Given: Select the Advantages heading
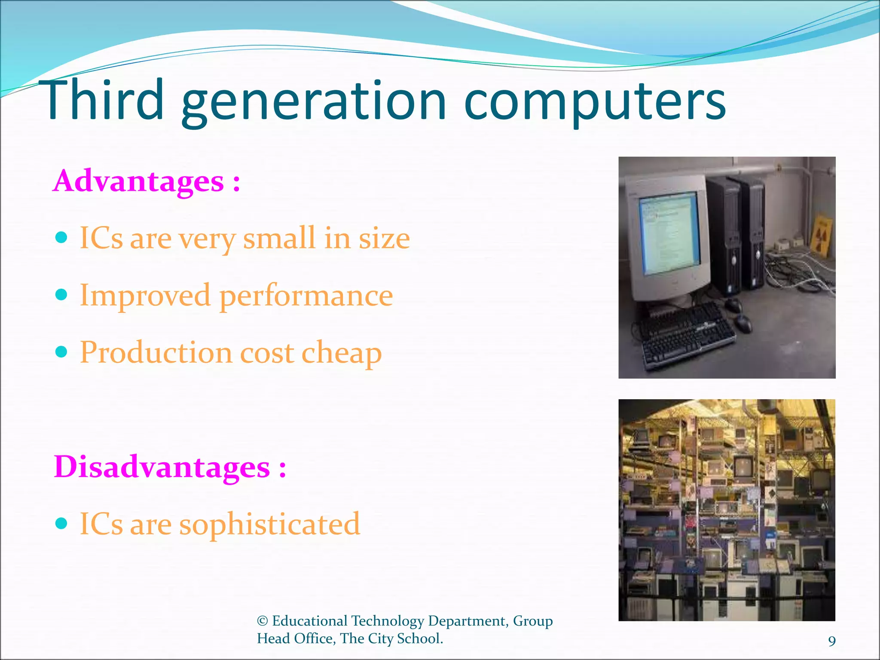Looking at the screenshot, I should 146,181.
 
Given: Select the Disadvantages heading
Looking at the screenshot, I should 169,467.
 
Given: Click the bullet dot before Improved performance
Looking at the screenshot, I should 62,295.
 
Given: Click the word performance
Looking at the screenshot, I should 306,296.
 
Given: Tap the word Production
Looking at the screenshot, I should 156,352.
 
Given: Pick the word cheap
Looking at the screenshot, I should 342,353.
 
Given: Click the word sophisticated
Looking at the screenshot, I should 269,524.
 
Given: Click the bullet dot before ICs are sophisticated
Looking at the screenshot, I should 62,523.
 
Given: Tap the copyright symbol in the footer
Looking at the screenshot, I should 262,621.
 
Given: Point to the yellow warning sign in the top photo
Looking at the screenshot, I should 822,234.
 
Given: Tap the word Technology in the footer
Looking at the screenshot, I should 388,621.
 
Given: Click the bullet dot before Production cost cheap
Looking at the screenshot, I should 62,352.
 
